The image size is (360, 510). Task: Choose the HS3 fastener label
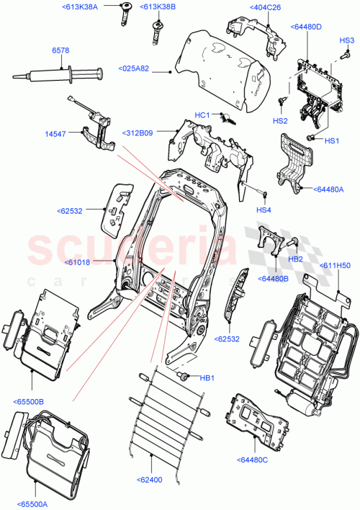347,40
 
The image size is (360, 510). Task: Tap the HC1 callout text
202,115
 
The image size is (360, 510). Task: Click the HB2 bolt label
294,258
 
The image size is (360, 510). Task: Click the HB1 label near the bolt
207,377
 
